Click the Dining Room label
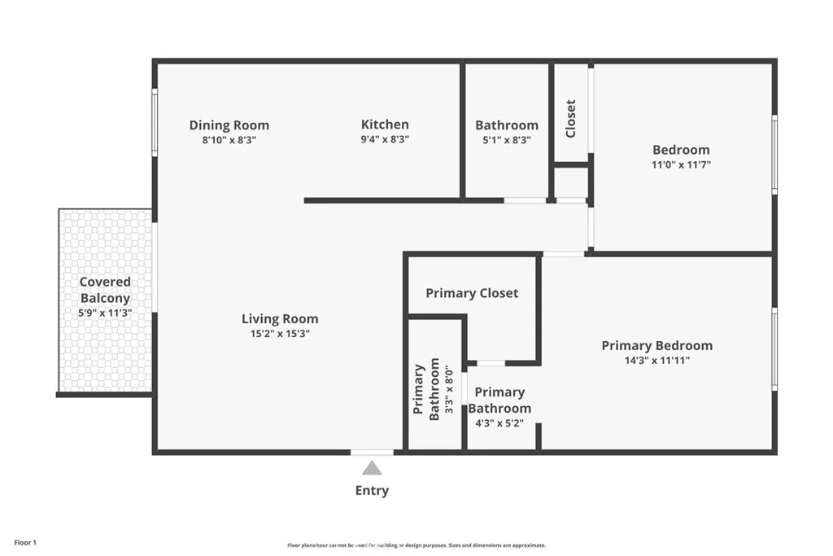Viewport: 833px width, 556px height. click(229, 125)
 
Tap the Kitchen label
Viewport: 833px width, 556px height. click(385, 125)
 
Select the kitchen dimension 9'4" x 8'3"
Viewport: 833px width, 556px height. click(385, 140)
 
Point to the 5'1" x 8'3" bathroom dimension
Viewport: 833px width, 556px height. click(506, 140)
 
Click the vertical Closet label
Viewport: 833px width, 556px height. click(570, 118)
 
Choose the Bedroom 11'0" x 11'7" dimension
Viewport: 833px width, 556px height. click(681, 164)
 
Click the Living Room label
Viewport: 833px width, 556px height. click(280, 319)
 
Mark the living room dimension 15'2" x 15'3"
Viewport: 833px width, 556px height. click(280, 334)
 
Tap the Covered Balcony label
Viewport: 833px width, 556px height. click(104, 290)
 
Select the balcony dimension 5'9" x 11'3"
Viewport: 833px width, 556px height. click(104, 313)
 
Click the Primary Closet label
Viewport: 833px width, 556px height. click(472, 293)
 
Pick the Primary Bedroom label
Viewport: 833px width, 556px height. click(656, 346)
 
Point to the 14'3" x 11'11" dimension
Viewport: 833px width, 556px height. click(656, 361)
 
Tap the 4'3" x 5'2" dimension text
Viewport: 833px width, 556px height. click(499, 423)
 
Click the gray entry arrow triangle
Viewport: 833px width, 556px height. click(372, 468)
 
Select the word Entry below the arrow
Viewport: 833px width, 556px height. click(372, 491)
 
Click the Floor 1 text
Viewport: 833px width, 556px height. click(25, 542)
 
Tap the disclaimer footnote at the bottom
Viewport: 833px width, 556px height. click(416, 545)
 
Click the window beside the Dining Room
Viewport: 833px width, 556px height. click(155, 122)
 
